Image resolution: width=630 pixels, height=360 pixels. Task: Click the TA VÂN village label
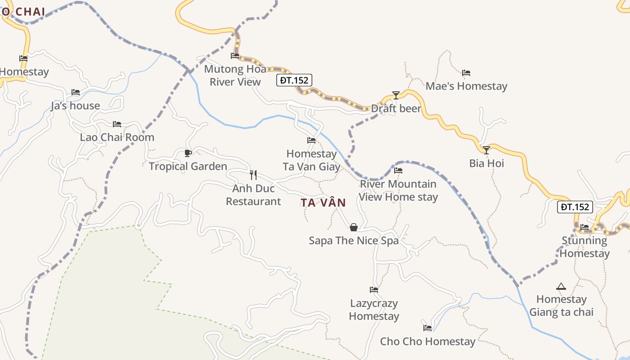click(x=323, y=203)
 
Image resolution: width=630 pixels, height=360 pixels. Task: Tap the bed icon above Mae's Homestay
click(x=466, y=72)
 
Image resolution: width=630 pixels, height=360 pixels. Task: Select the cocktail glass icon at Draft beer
click(x=396, y=95)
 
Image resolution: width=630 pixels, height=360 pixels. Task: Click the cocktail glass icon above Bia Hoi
click(x=486, y=150)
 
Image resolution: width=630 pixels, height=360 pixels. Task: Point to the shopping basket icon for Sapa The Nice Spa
click(x=354, y=227)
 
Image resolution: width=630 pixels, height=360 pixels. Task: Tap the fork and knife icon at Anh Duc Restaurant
click(x=253, y=175)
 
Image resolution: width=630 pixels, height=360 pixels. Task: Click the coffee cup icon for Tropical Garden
click(x=188, y=153)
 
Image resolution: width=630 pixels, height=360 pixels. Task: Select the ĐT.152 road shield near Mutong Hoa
click(x=294, y=80)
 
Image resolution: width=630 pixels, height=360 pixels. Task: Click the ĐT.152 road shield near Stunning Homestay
click(x=575, y=207)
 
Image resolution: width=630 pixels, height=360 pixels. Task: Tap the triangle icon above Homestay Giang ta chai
click(x=561, y=286)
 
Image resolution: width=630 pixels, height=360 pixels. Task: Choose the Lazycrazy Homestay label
click(x=374, y=310)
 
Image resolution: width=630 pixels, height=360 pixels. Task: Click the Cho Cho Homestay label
click(x=427, y=342)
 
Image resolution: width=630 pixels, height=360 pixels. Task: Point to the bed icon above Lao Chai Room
click(x=117, y=124)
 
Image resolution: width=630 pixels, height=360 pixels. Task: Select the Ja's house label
click(x=75, y=106)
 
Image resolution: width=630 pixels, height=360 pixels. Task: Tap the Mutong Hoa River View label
click(x=235, y=76)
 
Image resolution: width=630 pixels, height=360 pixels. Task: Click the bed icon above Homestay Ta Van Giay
click(x=311, y=140)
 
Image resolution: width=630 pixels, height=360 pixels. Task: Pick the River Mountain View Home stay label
click(x=398, y=190)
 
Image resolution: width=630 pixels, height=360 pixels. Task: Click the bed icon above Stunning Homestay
click(x=584, y=227)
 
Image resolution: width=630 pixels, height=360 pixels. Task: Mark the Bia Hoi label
click(x=486, y=163)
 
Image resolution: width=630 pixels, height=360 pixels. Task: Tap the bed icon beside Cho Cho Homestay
click(x=427, y=328)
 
